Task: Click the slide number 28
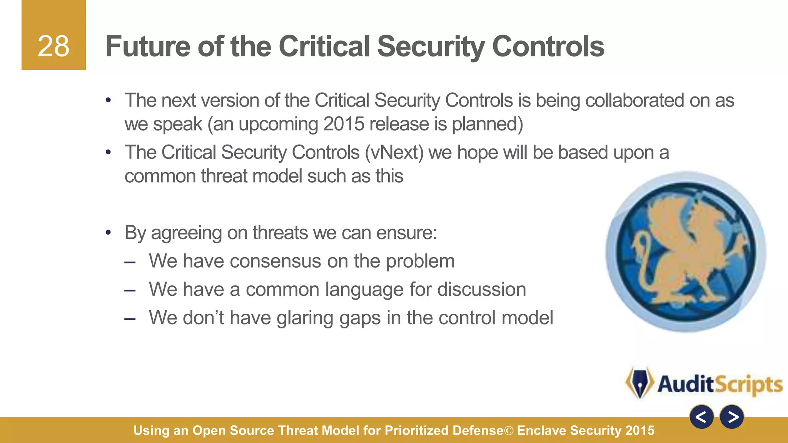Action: [x=53, y=47]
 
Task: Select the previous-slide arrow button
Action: [x=701, y=417]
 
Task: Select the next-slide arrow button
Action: [x=732, y=417]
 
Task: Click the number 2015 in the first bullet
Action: [x=344, y=124]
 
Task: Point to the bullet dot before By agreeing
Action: [x=109, y=232]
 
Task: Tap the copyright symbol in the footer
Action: [x=509, y=431]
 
